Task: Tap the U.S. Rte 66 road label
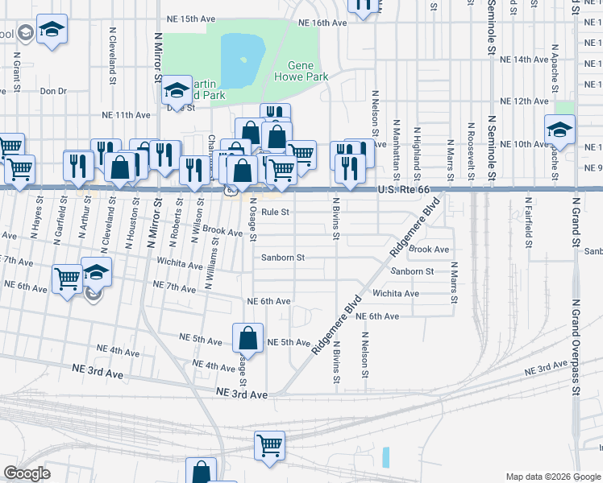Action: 410,189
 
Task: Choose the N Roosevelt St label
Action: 471,151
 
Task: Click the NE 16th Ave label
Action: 322,23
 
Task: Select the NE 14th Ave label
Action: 524,60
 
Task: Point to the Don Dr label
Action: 53,92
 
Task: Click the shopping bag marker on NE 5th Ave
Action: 248,338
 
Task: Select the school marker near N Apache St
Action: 559,129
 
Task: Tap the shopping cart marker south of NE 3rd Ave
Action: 269,445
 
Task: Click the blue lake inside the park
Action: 243,60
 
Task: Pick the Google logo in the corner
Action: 27,473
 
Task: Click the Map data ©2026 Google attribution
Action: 551,477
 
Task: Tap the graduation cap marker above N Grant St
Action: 52,31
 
